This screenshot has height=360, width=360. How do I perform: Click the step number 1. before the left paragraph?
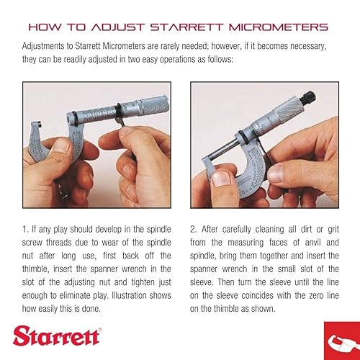click(26, 229)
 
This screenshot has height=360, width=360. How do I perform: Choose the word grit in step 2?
click(328, 229)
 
